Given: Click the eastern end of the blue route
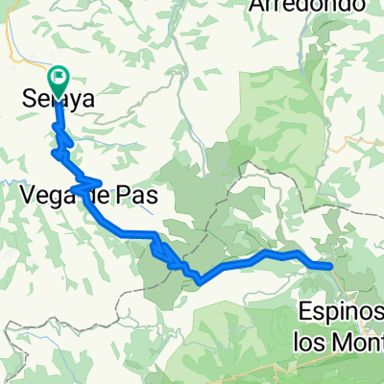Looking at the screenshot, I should click(x=331, y=266).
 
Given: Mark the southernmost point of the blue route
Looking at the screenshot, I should click(x=199, y=280).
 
